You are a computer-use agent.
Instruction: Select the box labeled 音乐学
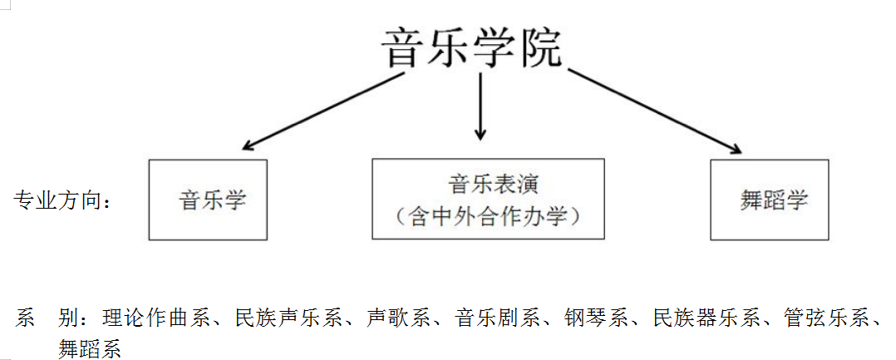coord(208,200)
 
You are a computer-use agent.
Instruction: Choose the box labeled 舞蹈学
coord(769,200)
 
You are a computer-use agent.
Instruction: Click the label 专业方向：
coord(62,200)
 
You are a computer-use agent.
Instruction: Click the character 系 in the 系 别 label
coord(26,318)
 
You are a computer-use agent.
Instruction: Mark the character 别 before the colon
coord(69,318)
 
